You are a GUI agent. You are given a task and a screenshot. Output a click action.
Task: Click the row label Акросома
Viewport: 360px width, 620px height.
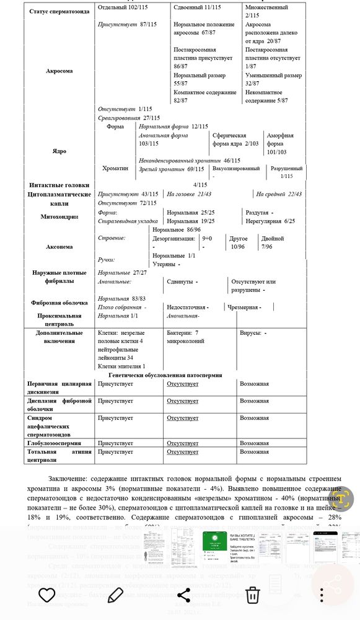coord(59,71)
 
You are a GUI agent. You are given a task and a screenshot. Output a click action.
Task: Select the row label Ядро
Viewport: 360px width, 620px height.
coord(59,151)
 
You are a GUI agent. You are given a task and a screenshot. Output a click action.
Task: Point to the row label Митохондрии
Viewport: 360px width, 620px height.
coord(59,216)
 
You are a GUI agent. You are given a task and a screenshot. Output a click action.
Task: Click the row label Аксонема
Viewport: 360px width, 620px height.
coord(59,247)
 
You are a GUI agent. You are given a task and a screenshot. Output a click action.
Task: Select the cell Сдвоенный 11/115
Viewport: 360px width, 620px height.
coord(196,7)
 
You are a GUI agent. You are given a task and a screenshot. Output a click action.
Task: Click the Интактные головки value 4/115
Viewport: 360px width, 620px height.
coord(200,185)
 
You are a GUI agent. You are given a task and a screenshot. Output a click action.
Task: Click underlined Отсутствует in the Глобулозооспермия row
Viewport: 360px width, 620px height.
coord(182,443)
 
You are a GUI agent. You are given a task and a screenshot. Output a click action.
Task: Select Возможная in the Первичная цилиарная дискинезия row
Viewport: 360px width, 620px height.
coord(254,384)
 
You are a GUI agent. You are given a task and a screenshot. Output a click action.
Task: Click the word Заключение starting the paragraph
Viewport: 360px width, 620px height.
coord(68,479)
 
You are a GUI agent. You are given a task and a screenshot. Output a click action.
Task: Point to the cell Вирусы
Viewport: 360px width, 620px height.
coord(253,333)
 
